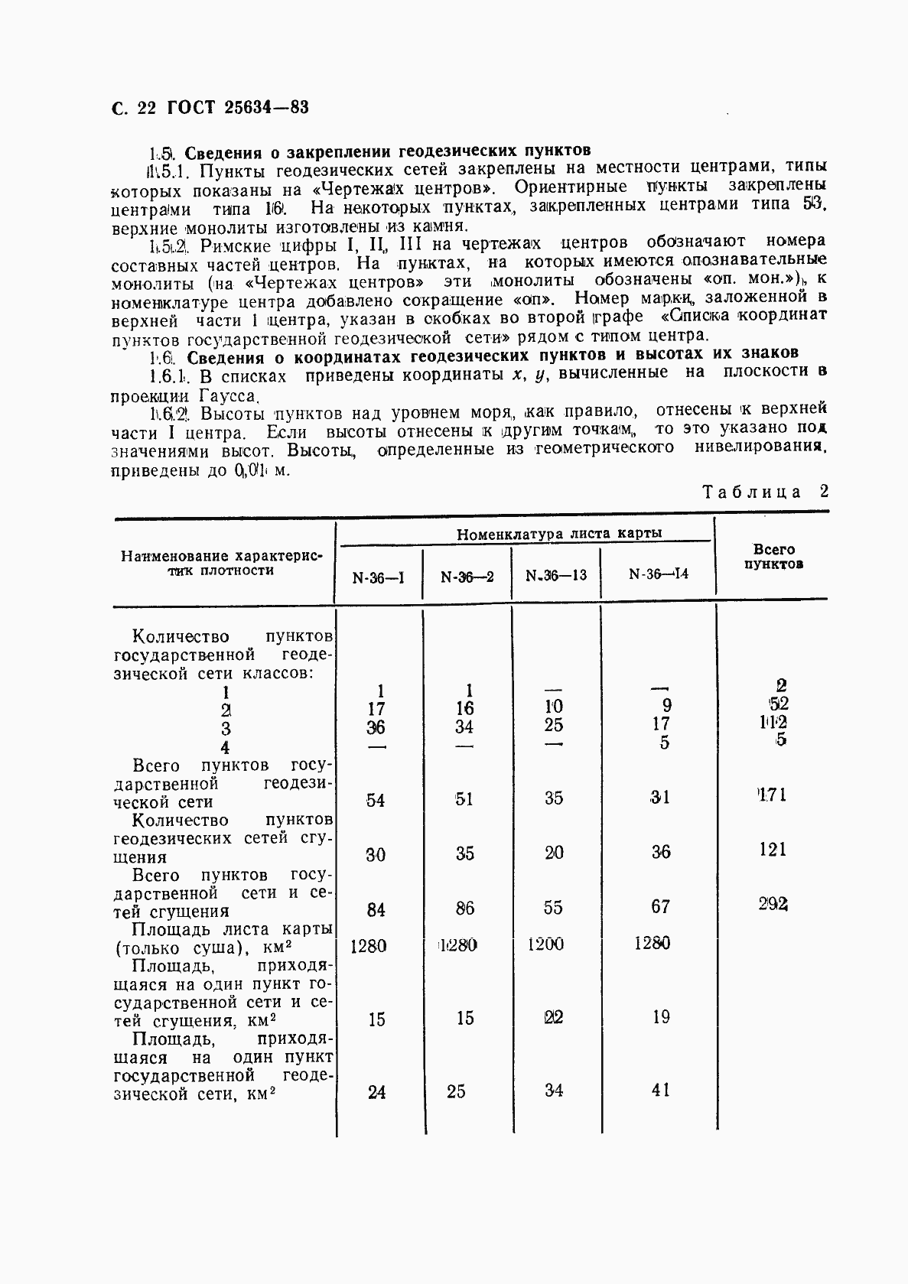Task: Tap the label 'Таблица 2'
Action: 765,492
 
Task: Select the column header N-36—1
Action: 378,577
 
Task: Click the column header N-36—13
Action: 556,575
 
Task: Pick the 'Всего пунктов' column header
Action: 773,557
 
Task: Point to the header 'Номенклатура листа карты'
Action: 558,534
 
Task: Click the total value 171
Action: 771,795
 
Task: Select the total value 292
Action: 773,904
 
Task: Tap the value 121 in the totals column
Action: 772,850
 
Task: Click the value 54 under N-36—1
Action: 376,800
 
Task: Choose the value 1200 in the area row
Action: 545,944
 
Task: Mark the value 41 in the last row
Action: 660,1090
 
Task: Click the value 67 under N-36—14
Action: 660,907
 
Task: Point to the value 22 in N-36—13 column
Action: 553,1018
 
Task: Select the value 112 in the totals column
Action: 773,722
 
